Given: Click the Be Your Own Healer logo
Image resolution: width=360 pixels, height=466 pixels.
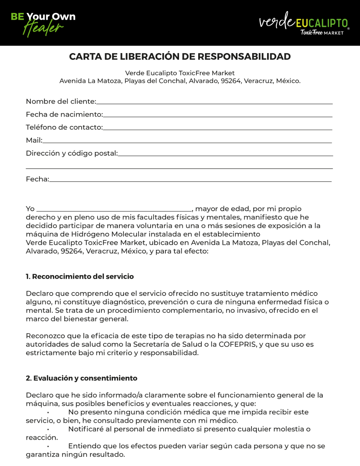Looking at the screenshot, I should point(43,24).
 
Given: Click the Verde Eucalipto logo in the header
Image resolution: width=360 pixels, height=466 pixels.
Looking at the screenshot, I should point(304,23).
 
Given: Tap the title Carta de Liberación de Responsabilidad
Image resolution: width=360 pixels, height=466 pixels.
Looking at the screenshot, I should point(180,57).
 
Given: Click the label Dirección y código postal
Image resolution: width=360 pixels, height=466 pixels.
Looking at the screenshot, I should point(72,153).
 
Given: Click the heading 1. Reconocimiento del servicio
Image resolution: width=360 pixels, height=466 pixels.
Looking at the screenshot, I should point(80,277).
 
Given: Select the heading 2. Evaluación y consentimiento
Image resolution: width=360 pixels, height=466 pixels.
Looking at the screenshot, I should point(82,378).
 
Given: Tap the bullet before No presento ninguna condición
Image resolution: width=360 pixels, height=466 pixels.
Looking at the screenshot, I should point(48,413).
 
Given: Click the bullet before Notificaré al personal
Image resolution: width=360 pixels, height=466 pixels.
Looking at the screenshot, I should point(48,429).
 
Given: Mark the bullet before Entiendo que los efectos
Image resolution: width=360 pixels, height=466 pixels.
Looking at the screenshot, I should point(48,446).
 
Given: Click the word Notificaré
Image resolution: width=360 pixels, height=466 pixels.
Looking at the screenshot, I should point(86,429).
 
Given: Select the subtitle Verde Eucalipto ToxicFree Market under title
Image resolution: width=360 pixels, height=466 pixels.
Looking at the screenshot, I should point(180,73).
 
